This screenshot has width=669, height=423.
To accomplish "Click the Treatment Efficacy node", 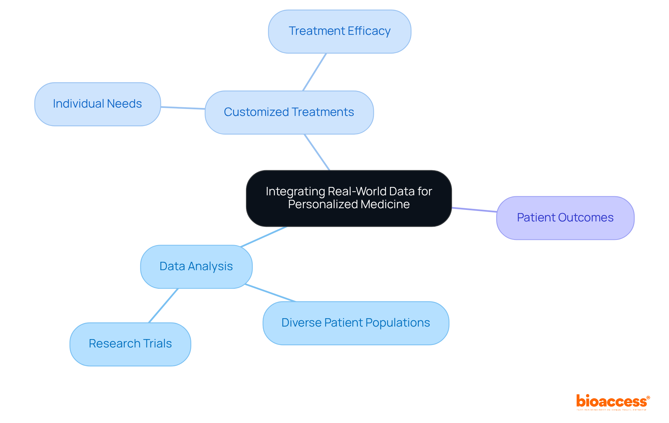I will click(339, 31).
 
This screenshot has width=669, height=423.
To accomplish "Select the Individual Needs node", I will click(98, 104).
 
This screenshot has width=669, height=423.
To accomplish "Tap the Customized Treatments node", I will click(289, 112).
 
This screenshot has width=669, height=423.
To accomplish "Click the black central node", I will click(349, 198).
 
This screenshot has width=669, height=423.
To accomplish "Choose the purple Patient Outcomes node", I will click(565, 218).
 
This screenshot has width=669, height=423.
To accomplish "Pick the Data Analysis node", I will click(196, 267).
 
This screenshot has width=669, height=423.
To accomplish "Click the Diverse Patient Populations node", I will click(356, 323).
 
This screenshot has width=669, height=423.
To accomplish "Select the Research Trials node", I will click(130, 344).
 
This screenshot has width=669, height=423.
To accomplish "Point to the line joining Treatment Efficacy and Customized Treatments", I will click(314, 72).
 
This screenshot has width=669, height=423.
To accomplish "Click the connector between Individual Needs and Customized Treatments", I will click(183, 108).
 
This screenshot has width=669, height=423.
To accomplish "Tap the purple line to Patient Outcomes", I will click(474, 210).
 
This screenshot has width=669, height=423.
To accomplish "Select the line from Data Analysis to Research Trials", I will click(163, 305).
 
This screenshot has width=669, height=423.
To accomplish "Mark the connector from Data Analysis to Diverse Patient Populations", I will click(270, 293).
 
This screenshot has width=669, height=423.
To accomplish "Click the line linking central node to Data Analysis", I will click(263, 237).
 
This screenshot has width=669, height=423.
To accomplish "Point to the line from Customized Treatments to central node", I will click(317, 152).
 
